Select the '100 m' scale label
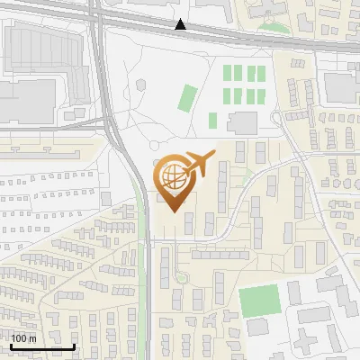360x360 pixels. (23, 338)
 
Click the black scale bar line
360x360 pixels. (42, 346)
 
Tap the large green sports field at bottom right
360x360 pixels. (259, 300)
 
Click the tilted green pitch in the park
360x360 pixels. (187, 96)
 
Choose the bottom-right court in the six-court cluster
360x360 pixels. (261, 94)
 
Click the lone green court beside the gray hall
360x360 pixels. (213, 121)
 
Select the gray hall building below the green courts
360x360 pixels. (242, 122)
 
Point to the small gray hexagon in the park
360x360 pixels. (140, 85)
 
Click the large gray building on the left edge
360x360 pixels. (20, 100)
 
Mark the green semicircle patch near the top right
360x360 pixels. (272, 23)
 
